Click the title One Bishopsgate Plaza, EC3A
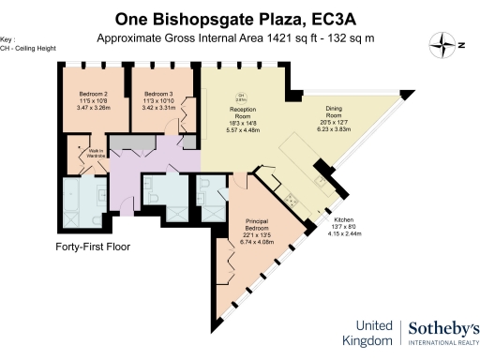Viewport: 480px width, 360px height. coord(240,19)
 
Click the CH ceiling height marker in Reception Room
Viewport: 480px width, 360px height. coord(240,97)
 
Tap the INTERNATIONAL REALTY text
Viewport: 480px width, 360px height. coord(444,345)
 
